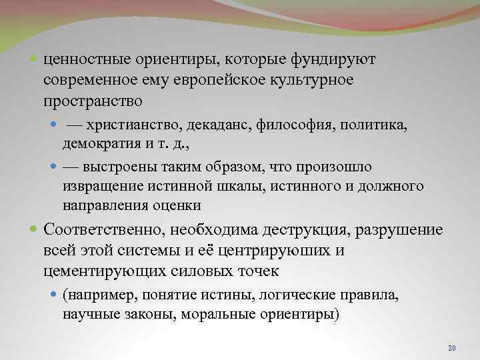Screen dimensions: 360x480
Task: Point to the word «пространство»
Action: pyautogui.click(x=93, y=101)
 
